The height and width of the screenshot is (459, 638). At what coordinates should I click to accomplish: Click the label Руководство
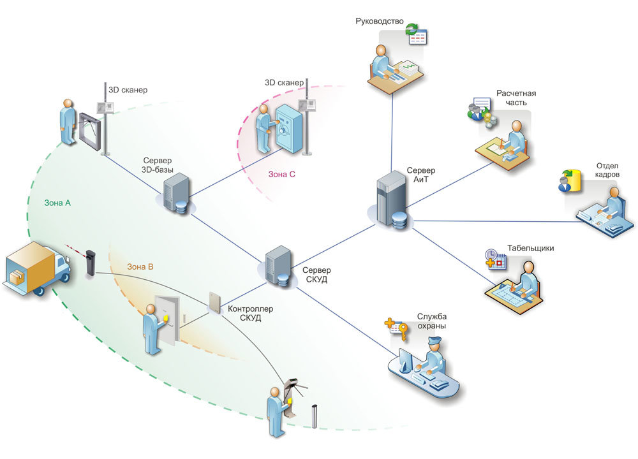point(379,21)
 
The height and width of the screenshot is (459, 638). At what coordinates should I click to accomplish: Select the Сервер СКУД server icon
point(279,266)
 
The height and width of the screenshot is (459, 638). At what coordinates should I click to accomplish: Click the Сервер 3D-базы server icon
point(177,193)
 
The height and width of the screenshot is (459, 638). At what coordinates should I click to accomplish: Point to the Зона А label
point(57,203)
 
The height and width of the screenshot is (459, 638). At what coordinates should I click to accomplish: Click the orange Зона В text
point(140,266)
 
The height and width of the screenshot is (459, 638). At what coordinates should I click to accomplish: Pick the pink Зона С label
point(281,174)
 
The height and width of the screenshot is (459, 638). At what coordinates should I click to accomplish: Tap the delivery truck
point(36,268)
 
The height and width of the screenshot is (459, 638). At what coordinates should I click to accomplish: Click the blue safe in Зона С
point(288,129)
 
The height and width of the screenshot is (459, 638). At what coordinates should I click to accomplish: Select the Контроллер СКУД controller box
point(215,302)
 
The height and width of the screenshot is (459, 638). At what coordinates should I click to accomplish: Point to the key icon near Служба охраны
point(403,331)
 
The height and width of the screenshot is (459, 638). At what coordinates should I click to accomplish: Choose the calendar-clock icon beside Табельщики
point(495,259)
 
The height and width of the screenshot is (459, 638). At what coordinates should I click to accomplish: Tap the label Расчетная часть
point(516,98)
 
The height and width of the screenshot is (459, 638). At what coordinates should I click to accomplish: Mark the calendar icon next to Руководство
point(417,37)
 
